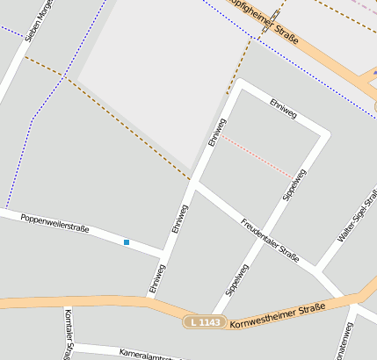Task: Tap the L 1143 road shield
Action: click(205, 322)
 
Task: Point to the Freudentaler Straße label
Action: click(271, 238)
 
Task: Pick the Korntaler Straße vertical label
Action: click(68, 334)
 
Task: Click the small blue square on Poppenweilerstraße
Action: click(127, 242)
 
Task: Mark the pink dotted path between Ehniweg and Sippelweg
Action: click(257, 157)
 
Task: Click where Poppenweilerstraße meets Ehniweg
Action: click(165, 255)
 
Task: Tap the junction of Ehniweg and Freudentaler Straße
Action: click(195, 185)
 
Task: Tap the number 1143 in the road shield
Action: click(211, 322)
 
